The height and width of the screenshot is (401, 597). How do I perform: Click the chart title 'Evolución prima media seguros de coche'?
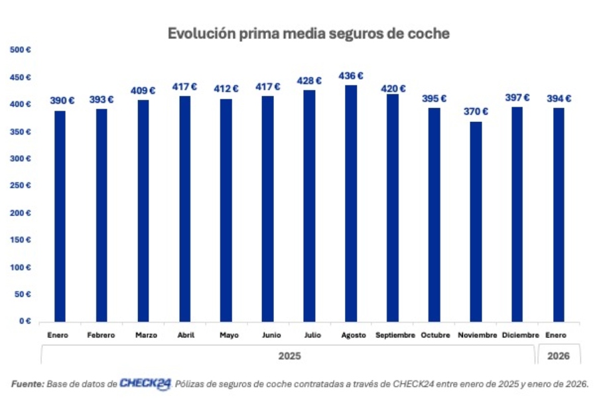[308, 33]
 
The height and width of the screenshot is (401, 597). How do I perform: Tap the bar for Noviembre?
[476, 221]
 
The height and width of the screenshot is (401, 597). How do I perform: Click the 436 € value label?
[351, 76]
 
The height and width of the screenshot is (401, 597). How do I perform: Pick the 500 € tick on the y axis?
[21, 50]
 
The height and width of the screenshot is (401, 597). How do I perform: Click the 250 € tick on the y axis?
[21, 186]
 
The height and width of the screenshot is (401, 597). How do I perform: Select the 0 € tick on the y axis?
[24, 321]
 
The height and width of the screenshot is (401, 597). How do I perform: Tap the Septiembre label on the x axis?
[395, 335]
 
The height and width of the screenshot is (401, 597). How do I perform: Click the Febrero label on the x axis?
[101, 335]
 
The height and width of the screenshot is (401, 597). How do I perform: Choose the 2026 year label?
[559, 356]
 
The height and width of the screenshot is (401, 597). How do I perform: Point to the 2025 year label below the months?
[289, 356]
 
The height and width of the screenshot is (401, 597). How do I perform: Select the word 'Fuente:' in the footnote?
[27, 384]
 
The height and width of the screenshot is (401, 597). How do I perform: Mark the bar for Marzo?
[143, 211]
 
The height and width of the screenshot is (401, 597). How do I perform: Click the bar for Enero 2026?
[559, 215]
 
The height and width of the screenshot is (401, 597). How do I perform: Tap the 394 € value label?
[559, 99]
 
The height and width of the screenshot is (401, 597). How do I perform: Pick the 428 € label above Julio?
[309, 81]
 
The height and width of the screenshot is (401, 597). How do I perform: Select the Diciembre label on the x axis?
[520, 335]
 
